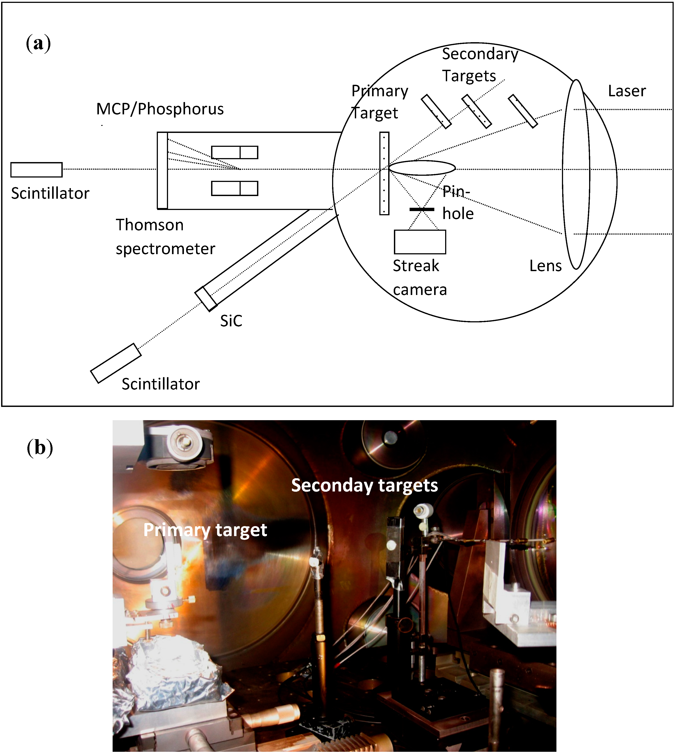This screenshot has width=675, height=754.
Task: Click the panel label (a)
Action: [38, 43]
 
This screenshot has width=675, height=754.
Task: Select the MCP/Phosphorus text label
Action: [160, 109]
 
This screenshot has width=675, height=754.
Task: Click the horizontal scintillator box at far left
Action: [36, 170]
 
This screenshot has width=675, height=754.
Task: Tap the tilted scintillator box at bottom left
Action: [116, 363]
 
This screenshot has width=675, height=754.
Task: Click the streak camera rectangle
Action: [420, 242]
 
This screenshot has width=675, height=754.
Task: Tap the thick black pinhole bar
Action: [422, 210]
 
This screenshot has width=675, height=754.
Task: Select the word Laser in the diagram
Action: [627, 91]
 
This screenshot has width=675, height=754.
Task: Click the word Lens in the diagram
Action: [545, 266]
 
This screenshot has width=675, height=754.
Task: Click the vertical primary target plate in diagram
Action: [384, 173]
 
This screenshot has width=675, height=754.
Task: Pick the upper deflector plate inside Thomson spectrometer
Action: [234, 152]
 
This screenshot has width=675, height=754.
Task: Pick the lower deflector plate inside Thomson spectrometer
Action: [234, 188]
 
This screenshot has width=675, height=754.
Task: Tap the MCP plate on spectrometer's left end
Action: [162, 170]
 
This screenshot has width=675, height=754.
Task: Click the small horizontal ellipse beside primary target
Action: [422, 168]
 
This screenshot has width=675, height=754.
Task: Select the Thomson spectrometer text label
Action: [165, 237]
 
